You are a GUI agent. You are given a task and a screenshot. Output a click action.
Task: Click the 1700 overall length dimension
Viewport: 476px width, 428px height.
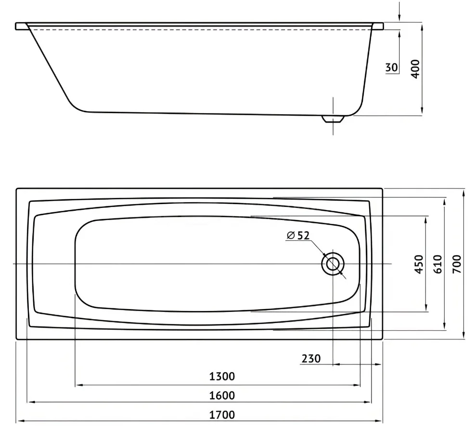pyautogui.click(x=222, y=415)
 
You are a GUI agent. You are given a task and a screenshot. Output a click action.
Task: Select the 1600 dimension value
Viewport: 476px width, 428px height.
pyautogui.click(x=222, y=395)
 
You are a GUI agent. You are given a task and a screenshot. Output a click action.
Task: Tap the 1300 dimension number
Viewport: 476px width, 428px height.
pyautogui.click(x=222, y=376)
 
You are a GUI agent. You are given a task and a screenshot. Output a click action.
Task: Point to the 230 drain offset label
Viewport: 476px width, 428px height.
pyautogui.click(x=311, y=359)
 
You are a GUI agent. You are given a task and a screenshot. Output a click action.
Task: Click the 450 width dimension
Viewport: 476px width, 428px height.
pyautogui.click(x=419, y=264)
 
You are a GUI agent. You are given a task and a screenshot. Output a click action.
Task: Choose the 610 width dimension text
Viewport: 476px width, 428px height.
pyautogui.click(x=438, y=264)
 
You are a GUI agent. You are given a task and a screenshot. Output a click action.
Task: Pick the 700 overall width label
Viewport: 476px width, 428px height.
pyautogui.click(x=457, y=264)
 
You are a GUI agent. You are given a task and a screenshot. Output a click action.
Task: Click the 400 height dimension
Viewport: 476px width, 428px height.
pyautogui.click(x=415, y=69)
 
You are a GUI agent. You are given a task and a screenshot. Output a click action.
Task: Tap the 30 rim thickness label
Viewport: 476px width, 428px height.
pyautogui.click(x=392, y=67)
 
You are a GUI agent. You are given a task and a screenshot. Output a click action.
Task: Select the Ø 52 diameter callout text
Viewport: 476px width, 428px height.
pyautogui.click(x=298, y=235)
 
